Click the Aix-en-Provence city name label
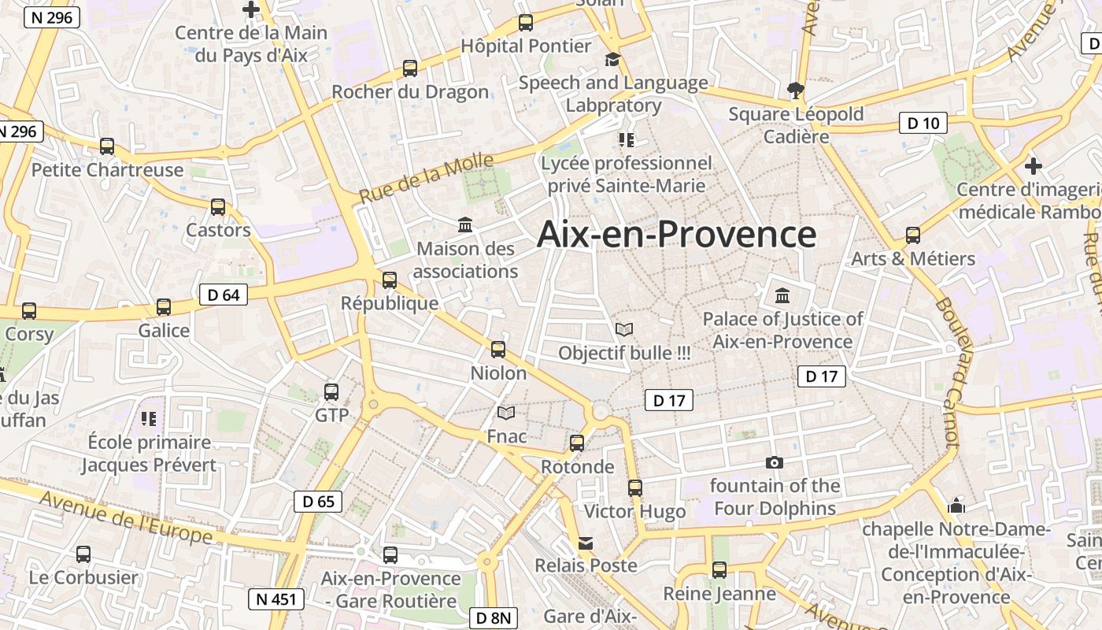click(676, 235)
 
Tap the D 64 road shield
click(224, 295)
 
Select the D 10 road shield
click(923, 123)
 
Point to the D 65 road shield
click(318, 501)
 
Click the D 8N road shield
click(494, 618)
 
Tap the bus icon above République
click(389, 280)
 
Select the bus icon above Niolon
click(498, 350)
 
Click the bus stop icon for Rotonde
click(577, 443)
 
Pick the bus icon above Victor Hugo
click(635, 488)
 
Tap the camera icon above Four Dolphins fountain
click(775, 462)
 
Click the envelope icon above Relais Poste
click(586, 543)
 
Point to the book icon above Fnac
click(506, 413)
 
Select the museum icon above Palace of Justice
click(782, 296)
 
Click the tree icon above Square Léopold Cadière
click(795, 90)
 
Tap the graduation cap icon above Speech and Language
click(612, 59)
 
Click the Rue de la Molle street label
click(426, 179)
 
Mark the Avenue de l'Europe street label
click(125, 517)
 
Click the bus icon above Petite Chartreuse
click(107, 146)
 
